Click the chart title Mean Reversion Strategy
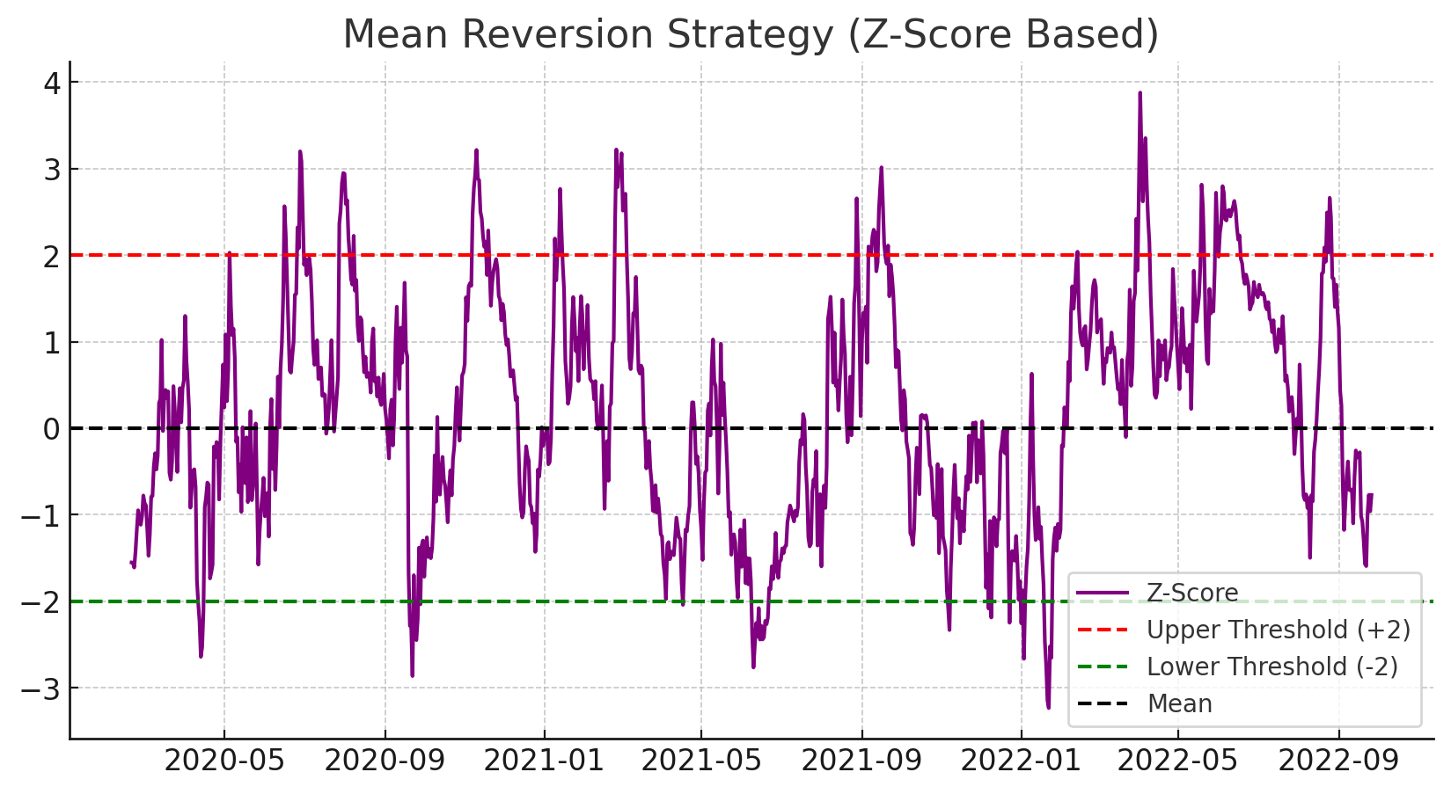point(750,35)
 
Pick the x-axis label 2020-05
point(224,760)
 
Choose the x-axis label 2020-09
point(385,760)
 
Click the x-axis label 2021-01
point(545,760)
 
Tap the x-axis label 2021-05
point(701,760)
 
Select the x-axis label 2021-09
point(861,760)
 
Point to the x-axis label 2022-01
point(1022,760)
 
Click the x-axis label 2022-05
point(1179,760)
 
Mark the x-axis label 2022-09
point(1339,760)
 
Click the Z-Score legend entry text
point(1192,594)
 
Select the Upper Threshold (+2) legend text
point(1278,630)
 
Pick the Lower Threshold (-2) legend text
point(1271,667)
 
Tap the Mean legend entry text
point(1179,704)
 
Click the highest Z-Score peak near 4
point(1140,92)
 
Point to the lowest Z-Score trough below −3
point(1048,707)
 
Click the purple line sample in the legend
point(1103,594)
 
